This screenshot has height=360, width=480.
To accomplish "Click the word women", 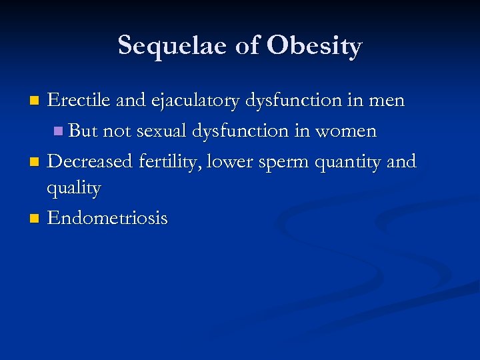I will point(346,131).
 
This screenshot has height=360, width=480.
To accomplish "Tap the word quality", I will point(73,189).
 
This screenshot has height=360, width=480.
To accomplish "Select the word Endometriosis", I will point(107,218).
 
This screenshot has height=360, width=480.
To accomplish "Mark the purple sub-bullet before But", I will point(60,131).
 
